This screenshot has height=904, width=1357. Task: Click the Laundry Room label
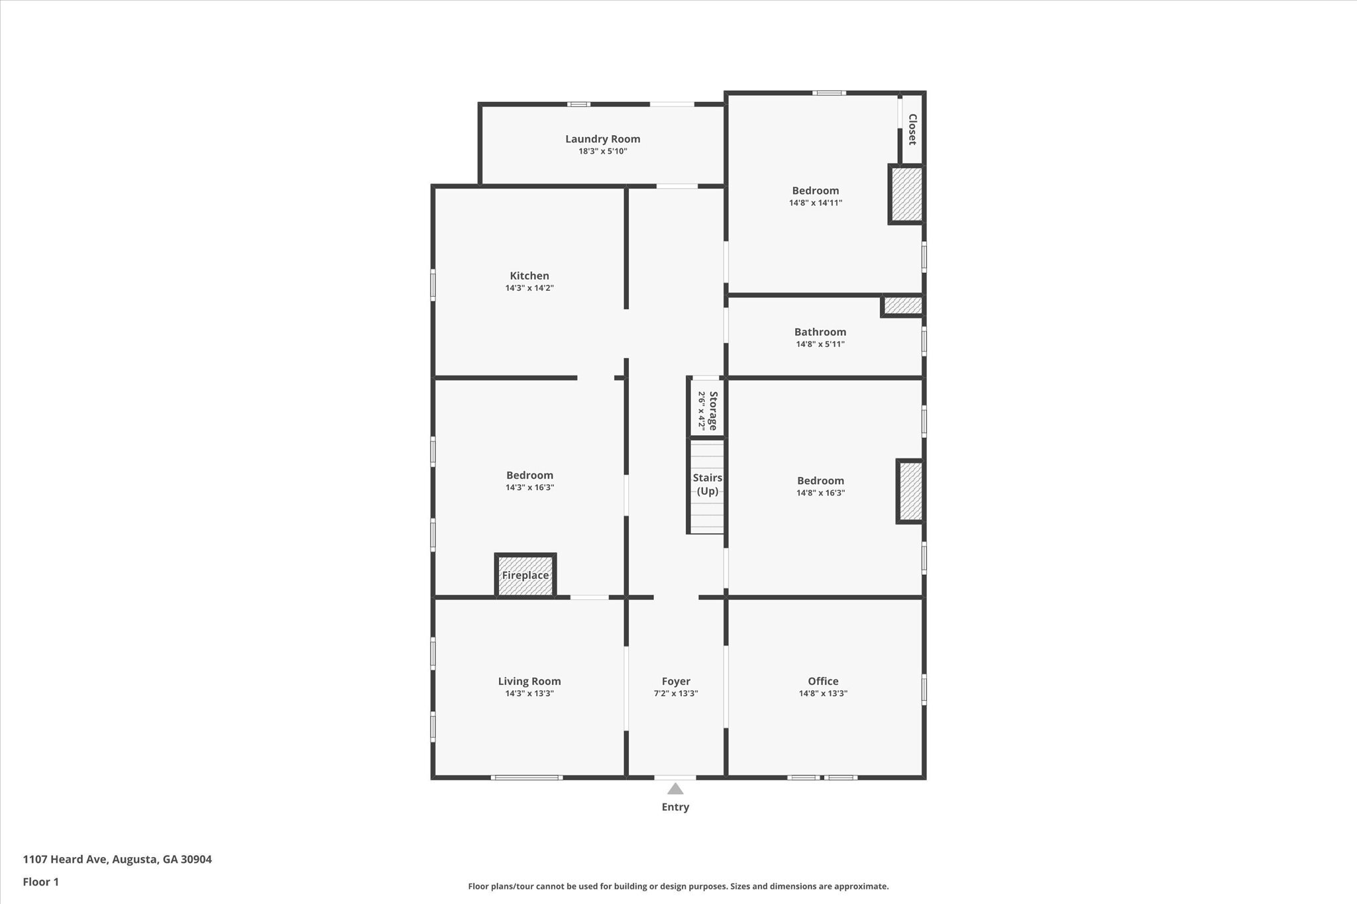coord(602,139)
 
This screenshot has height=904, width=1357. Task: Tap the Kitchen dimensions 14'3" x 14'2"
coord(529,288)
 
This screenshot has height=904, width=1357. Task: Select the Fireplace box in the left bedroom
coord(525,575)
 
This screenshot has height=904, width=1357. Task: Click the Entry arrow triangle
coord(675,789)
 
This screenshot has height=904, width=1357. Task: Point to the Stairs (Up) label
coord(707,484)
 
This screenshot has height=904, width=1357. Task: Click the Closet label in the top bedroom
coord(912,129)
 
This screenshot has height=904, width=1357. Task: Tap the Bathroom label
coord(820,332)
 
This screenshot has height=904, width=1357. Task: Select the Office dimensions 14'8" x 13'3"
coord(823,693)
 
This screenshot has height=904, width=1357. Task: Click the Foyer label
coord(676,681)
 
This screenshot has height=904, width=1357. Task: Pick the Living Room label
coord(529,681)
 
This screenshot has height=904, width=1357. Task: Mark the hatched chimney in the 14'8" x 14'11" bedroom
coord(906,194)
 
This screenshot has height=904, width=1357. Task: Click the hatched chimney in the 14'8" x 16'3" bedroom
coord(910,491)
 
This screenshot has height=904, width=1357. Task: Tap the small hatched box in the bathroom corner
coord(902,305)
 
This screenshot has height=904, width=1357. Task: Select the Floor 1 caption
coord(41,882)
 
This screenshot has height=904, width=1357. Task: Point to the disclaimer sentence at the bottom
coord(678,886)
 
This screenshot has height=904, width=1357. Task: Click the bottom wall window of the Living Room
coord(527,778)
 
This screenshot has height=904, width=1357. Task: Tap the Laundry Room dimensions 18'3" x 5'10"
coord(602,151)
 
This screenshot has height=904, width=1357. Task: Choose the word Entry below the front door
coord(675,807)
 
